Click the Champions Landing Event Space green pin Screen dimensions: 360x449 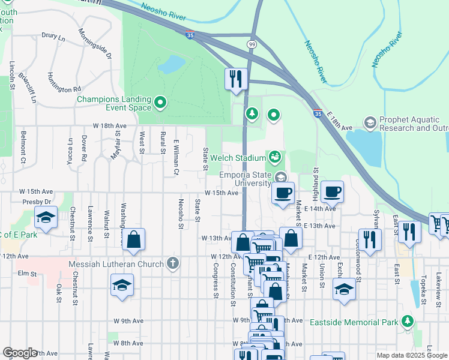click(160, 104)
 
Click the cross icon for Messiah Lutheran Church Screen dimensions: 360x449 click(173, 264)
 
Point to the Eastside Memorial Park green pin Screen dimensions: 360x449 click(408, 322)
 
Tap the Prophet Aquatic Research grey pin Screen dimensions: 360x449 click(370, 123)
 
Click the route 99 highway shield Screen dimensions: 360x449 click(252, 45)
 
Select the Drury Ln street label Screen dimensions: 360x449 click(53, 37)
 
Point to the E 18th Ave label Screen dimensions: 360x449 click(340, 125)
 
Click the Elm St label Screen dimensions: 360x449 click(23, 273)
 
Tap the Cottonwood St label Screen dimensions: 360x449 click(358, 266)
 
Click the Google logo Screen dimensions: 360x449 click(20, 353)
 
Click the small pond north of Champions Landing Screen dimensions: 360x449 click(172, 63)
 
